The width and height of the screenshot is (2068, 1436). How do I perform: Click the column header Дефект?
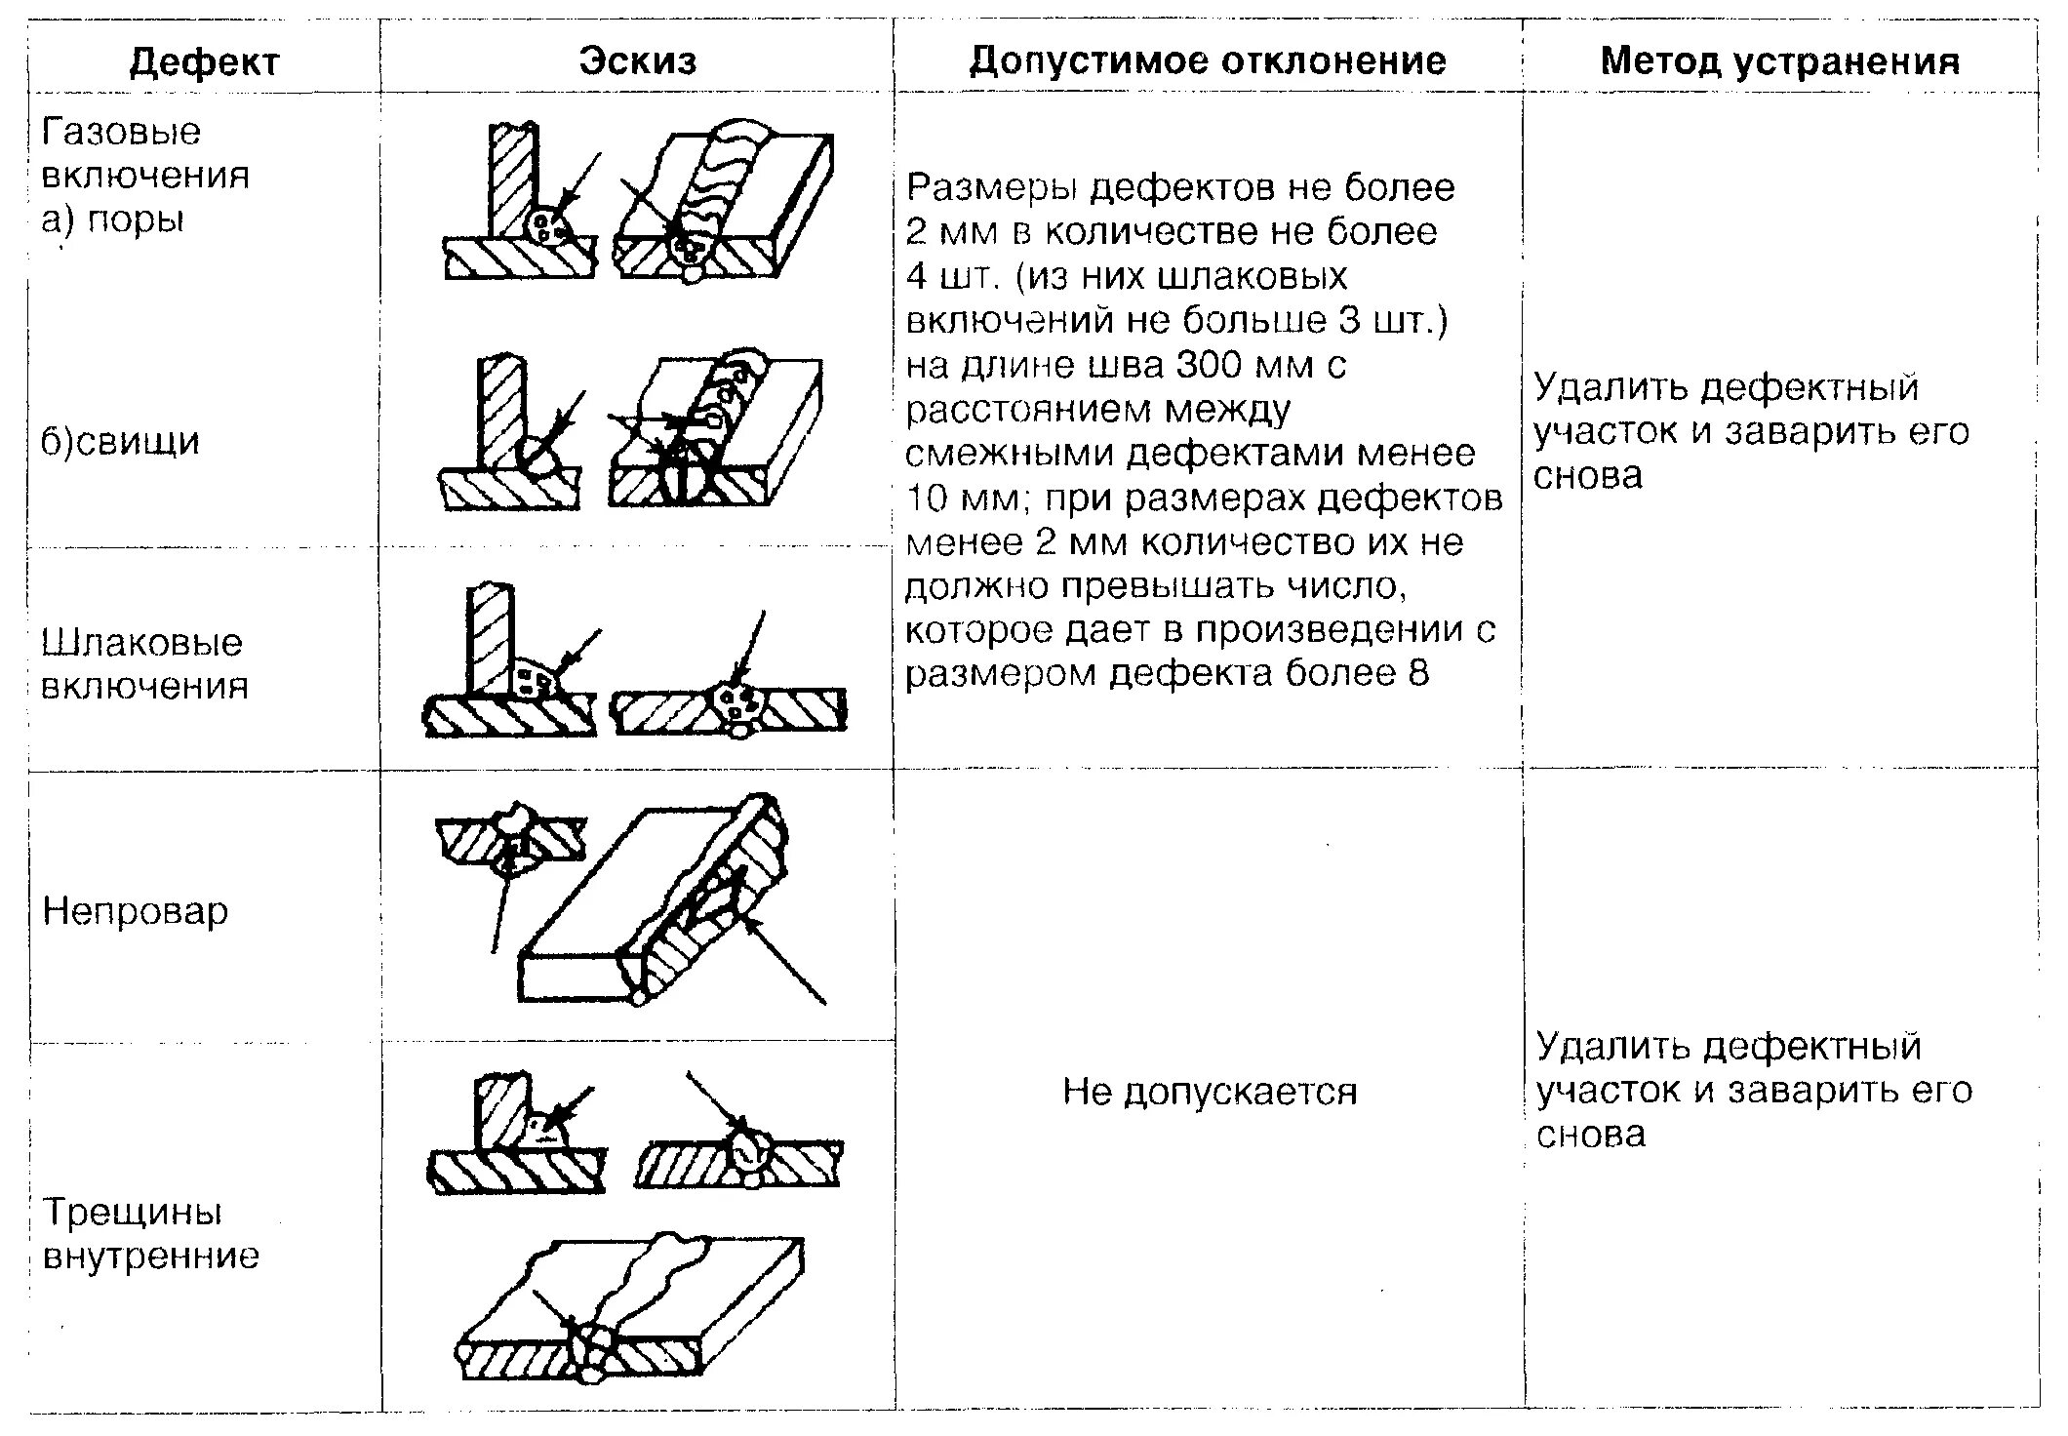pos(204,62)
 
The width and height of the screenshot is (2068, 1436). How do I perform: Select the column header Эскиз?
pos(638,60)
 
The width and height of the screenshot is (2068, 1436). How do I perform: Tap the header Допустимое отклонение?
pos(1207,60)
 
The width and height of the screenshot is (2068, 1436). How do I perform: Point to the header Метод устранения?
pos(1779,61)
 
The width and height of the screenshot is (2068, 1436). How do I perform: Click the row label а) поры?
pos(112,219)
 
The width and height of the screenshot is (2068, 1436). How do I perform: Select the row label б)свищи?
pos(120,441)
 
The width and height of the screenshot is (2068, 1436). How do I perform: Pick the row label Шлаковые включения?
pos(143,663)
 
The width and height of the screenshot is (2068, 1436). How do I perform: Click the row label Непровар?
pos(135,911)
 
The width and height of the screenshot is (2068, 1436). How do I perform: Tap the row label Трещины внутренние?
pos(150,1233)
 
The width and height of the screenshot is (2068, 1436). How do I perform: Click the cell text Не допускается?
pos(1210,1091)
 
